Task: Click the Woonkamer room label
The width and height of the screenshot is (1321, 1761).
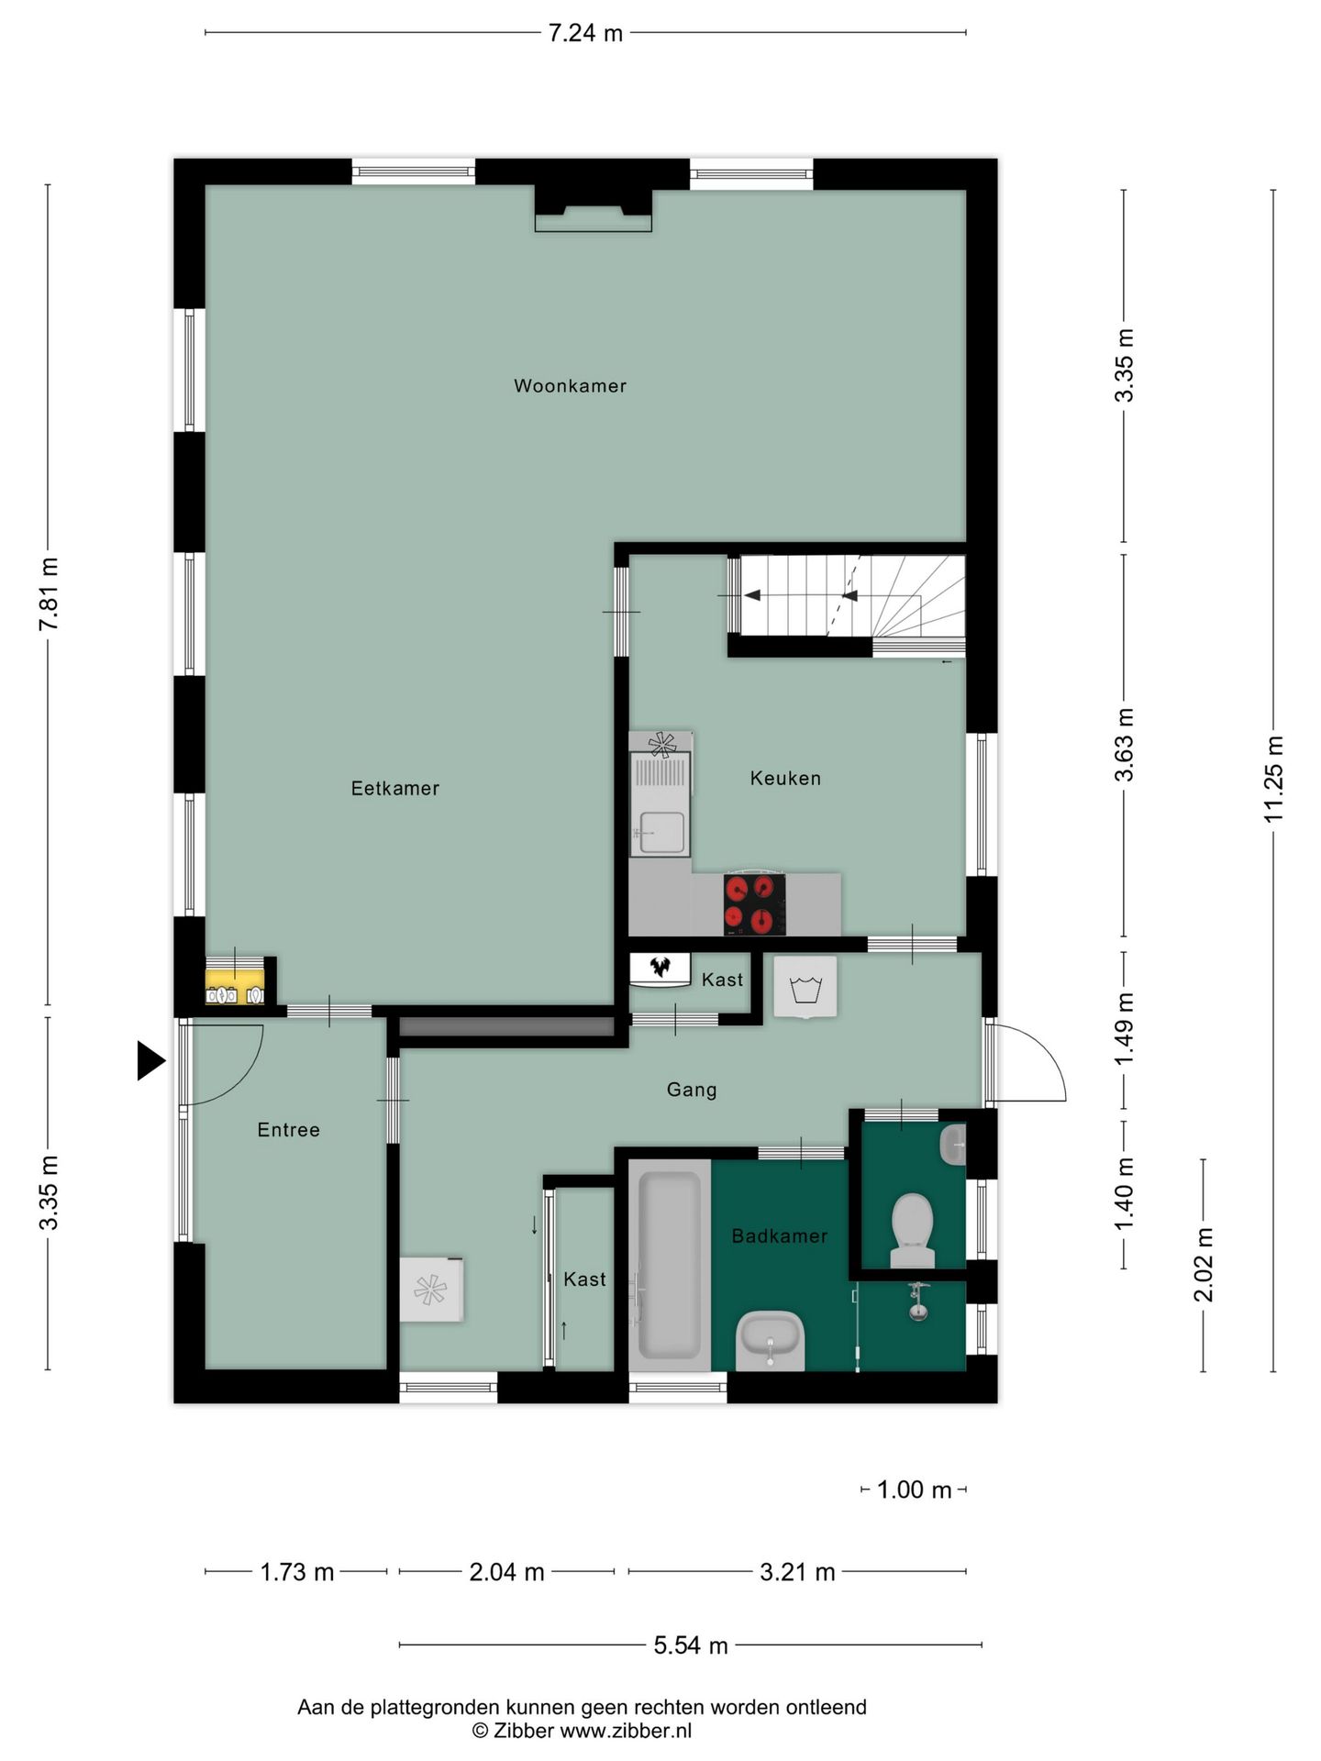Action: coord(570,386)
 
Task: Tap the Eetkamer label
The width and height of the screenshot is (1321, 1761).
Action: coord(395,789)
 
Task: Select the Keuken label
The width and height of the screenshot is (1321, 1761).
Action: coord(785,779)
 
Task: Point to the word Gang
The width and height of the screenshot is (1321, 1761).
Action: coord(692,1090)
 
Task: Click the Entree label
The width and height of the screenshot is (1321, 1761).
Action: coord(289,1130)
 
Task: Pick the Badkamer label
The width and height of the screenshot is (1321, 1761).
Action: coord(780,1236)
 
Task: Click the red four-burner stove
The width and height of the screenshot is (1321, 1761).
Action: coord(754,904)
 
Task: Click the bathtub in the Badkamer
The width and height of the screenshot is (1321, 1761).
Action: coord(670,1266)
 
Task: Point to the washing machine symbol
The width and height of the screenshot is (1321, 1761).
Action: coord(805,987)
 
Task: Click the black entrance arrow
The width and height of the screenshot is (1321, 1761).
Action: coord(150,1061)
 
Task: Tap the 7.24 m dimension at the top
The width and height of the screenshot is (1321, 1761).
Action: coord(585,34)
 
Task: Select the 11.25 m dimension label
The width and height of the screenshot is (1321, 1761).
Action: coord(1273,779)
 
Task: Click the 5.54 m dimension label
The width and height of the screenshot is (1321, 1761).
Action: coord(691,1645)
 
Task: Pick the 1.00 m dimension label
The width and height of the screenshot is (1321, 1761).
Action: coord(914,1490)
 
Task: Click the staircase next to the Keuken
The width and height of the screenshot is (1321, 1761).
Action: coord(847,595)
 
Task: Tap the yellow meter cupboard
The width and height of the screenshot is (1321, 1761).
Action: coord(235,980)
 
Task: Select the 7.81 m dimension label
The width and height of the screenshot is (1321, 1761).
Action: coord(49,593)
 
